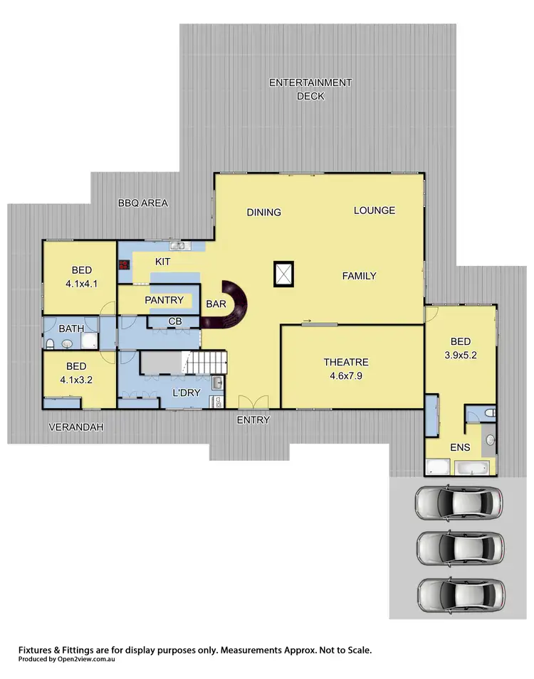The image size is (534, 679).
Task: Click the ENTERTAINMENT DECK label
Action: pos(310,89)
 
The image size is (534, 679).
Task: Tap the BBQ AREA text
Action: pos(142,203)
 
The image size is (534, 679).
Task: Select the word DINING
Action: pos(263,212)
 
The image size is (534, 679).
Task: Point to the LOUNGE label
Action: pos(374,210)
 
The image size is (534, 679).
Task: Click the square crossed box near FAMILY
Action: pos(283,274)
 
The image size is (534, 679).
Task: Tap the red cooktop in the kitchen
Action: pos(124,265)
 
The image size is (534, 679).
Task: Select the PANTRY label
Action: pos(164,301)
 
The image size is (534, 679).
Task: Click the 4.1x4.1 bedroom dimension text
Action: pos(81,283)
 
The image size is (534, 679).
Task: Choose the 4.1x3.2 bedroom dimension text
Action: pos(77,380)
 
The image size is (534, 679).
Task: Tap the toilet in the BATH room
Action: pos(50,344)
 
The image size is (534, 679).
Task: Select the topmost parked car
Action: pos(459,503)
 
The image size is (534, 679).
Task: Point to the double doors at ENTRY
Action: pos(245,402)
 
